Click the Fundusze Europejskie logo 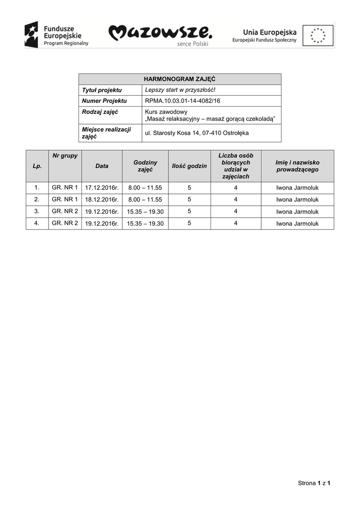pos(57,35)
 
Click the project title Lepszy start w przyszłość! pos(180,90)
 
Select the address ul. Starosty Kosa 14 pos(197,133)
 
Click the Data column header pos(102,166)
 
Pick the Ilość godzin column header pos(189,166)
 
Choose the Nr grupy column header pos(65,156)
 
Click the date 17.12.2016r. pos(102,188)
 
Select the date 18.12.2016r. pos(102,200)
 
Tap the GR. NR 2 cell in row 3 pos(65,211)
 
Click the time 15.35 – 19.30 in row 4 pos(145,224)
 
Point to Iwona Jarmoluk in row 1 pos(297,188)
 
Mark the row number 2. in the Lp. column pos(37,200)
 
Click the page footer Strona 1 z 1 pos(314,483)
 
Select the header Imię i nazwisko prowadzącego pos(297,166)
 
